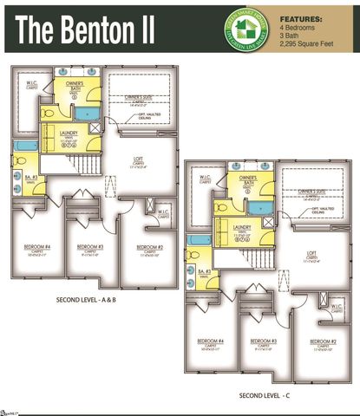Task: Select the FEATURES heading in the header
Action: coord(303,16)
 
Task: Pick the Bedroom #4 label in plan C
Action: coord(211,341)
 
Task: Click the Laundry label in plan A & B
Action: coord(71,133)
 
